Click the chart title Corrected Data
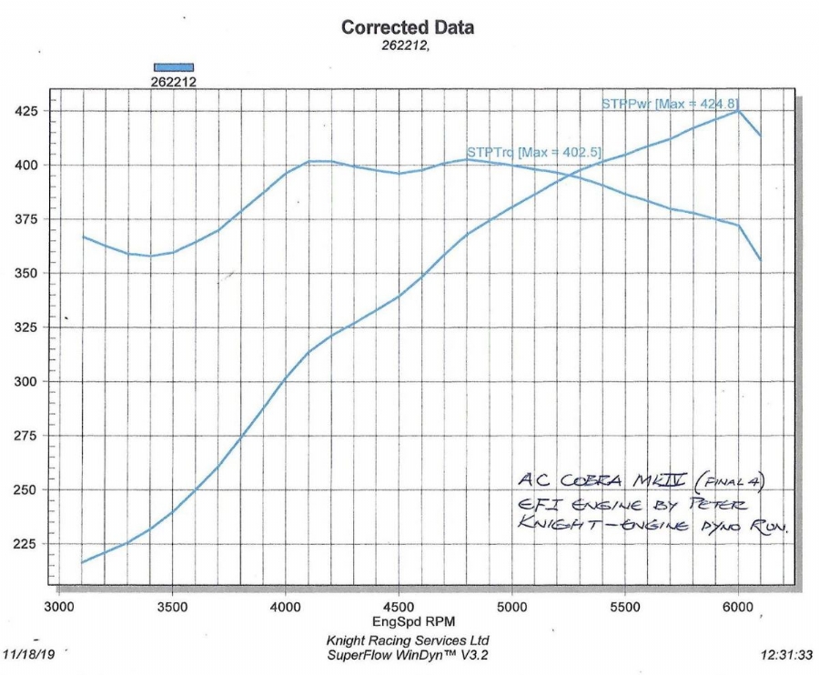(x=407, y=27)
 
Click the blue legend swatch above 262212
(x=174, y=66)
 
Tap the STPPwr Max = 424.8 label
(x=669, y=104)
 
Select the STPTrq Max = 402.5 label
(x=532, y=152)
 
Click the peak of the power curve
(x=738, y=111)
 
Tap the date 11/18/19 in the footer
(x=29, y=653)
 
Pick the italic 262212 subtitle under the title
(x=405, y=45)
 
